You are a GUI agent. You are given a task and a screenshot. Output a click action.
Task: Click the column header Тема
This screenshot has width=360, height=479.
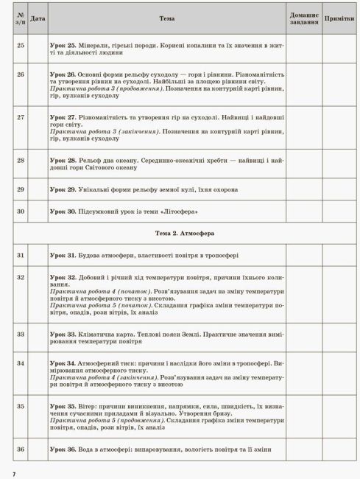pyautogui.click(x=166, y=17)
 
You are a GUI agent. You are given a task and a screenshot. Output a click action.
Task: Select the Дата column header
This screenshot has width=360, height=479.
pyautogui.click(x=39, y=17)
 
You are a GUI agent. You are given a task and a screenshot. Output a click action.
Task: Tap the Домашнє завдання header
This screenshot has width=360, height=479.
pyautogui.click(x=304, y=17)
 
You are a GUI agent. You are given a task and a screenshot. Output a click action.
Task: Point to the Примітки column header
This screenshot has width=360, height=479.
pyautogui.click(x=338, y=17)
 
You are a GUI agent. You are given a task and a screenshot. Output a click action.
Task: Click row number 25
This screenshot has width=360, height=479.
pyautogui.click(x=20, y=46)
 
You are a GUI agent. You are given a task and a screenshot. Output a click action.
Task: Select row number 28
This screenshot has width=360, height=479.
pyautogui.click(x=20, y=160)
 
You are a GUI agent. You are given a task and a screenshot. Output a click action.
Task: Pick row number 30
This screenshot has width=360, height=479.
pyautogui.click(x=20, y=211)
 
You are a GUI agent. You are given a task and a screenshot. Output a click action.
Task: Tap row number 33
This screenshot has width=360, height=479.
pyautogui.click(x=20, y=334)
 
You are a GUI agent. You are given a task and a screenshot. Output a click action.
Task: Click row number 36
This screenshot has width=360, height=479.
pyautogui.click(x=20, y=450)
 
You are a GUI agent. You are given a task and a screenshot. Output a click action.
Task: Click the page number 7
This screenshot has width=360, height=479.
pyautogui.click(x=13, y=472)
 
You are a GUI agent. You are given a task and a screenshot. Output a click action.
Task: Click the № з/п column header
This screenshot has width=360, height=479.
pyautogui.click(x=20, y=17)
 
